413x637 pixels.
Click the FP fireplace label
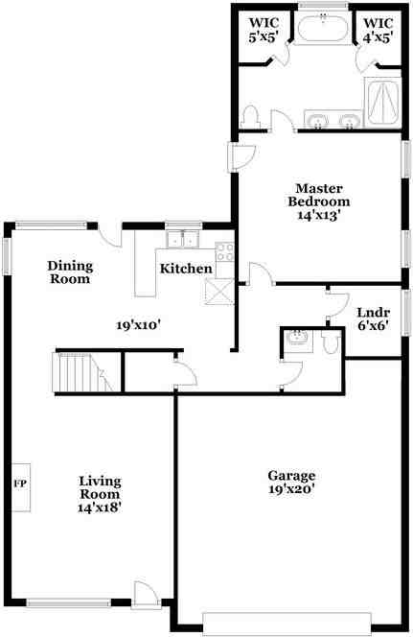tap(19, 482)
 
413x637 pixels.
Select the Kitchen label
tap(185, 269)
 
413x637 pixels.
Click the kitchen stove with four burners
tap(226, 252)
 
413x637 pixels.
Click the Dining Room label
tap(69, 272)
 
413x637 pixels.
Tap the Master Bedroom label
tap(319, 195)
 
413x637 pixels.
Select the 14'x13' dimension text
tap(319, 217)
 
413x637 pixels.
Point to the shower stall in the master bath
tap(382, 101)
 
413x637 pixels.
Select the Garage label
tap(292, 475)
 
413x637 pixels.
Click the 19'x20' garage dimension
tap(292, 489)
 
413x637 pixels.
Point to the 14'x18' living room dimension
tap(100, 506)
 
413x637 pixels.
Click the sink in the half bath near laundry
tap(296, 339)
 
